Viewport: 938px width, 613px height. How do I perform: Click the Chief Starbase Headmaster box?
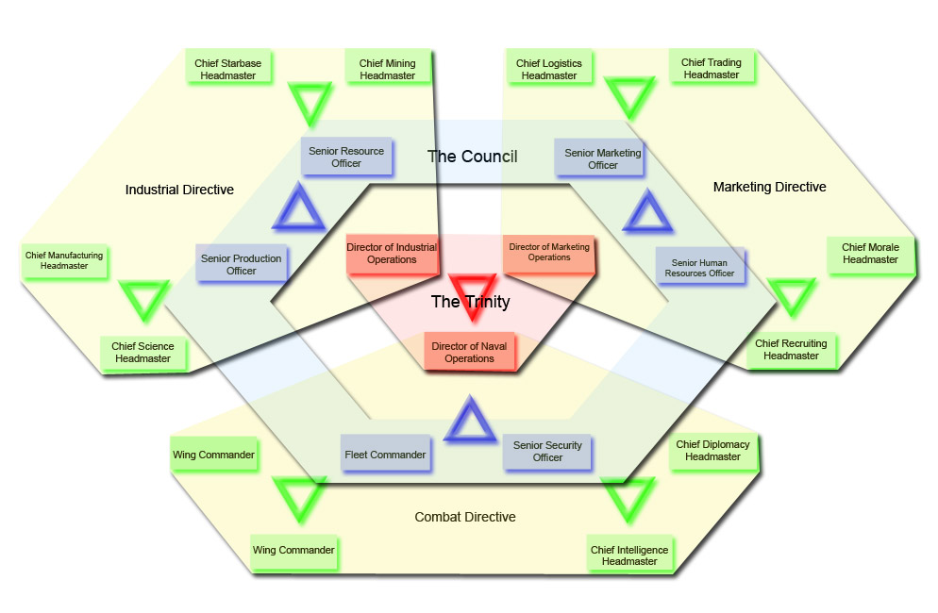tap(227, 69)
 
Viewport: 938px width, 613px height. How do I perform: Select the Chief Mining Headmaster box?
tap(387, 69)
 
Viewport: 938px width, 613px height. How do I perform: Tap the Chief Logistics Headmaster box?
tap(548, 69)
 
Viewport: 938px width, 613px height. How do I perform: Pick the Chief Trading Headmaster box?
tap(711, 68)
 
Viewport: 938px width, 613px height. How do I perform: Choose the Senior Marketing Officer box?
tap(602, 158)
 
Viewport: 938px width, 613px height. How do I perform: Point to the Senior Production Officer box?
tap(242, 264)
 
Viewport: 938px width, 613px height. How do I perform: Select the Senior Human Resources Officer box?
tap(701, 268)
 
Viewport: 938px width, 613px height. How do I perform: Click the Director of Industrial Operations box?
tap(392, 254)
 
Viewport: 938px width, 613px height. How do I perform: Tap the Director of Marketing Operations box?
tap(548, 252)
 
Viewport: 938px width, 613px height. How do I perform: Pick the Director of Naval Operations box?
tap(469, 352)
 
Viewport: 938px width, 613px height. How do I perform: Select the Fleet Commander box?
tap(384, 455)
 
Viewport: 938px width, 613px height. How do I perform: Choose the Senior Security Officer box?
tap(547, 451)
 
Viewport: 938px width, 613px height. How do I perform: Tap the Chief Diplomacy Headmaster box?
tap(712, 450)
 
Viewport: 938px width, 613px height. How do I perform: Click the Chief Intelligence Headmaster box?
tap(628, 555)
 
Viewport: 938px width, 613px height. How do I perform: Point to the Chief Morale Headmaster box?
tap(870, 253)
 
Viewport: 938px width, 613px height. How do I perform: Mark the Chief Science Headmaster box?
tap(142, 353)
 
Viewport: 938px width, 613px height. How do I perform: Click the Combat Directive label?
tap(465, 517)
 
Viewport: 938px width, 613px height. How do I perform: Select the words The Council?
tap(472, 156)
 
